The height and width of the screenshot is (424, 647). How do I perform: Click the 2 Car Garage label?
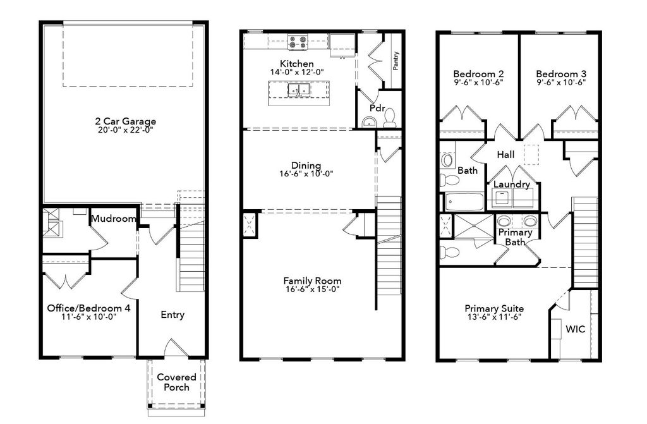[x=125, y=121]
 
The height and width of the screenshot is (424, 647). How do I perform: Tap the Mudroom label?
[x=114, y=219]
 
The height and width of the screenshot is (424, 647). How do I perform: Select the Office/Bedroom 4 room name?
[x=89, y=308]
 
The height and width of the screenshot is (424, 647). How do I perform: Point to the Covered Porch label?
[x=176, y=382]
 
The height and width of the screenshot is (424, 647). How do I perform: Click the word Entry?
[x=172, y=315]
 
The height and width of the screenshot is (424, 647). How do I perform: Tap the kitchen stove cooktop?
[x=297, y=43]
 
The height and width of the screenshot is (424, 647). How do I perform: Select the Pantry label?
[x=396, y=61]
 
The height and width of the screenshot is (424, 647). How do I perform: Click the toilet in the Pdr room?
[x=390, y=118]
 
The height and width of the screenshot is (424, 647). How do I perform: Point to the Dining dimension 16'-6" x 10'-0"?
[x=306, y=174]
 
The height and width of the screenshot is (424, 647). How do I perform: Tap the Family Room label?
[x=312, y=281]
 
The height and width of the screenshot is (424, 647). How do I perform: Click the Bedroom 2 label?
[x=478, y=73]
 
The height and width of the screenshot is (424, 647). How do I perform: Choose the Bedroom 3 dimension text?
[x=561, y=82]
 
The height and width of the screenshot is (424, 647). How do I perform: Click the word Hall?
[x=505, y=154]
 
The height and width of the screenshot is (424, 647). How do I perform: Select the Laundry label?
[x=512, y=184]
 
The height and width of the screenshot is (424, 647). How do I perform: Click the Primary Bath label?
[x=515, y=237]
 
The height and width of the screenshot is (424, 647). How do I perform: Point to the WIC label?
[x=574, y=329]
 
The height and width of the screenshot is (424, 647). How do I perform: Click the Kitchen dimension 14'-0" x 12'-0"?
[x=297, y=73]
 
